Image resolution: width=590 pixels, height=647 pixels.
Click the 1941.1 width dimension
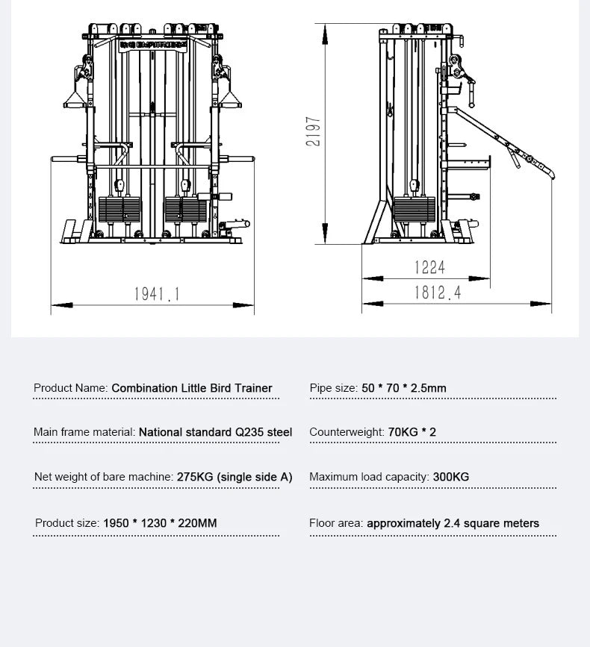point(157,294)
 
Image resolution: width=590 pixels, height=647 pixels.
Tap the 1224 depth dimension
point(429,267)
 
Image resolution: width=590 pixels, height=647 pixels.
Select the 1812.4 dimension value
point(438,293)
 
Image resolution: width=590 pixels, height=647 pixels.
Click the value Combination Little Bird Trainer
point(192,388)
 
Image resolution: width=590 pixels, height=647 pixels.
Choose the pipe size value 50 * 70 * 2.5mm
point(404,388)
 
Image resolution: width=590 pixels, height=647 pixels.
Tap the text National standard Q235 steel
point(215,432)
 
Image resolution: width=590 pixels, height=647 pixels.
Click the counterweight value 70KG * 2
point(412,432)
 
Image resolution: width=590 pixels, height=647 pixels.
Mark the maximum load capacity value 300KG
point(451,477)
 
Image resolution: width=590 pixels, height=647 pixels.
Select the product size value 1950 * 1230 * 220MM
point(160,523)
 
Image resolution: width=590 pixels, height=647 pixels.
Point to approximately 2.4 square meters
point(453,523)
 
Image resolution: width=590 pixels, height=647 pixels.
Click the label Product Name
point(71,388)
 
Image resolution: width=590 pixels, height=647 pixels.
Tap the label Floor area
point(336,523)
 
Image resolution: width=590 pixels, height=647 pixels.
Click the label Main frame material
point(84,432)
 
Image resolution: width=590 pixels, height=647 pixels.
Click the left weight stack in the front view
point(119,209)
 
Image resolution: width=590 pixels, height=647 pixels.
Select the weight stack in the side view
point(414,209)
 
